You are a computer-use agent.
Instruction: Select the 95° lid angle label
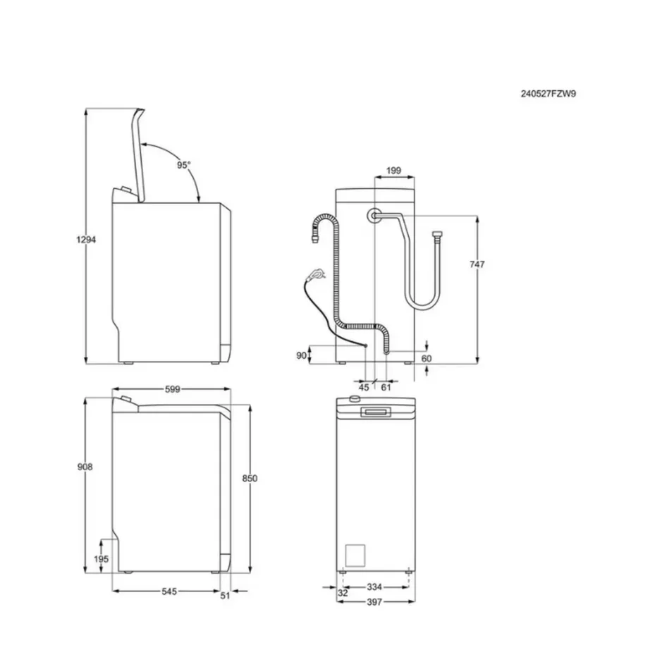184,164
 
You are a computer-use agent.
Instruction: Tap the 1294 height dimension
85,240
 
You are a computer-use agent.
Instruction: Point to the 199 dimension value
394,171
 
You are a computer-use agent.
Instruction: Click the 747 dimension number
477,264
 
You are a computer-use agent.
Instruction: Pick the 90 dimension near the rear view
301,356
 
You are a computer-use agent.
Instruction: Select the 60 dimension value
426,359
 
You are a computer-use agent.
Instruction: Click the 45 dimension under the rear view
364,387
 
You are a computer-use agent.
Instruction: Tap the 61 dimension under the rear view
386,387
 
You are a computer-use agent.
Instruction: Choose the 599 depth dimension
171,389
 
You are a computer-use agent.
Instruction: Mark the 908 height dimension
85,467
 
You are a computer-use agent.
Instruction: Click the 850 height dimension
250,478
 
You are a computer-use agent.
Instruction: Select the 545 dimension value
167,591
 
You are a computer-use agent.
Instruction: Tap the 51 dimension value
226,595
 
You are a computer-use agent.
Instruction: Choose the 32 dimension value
343,594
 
